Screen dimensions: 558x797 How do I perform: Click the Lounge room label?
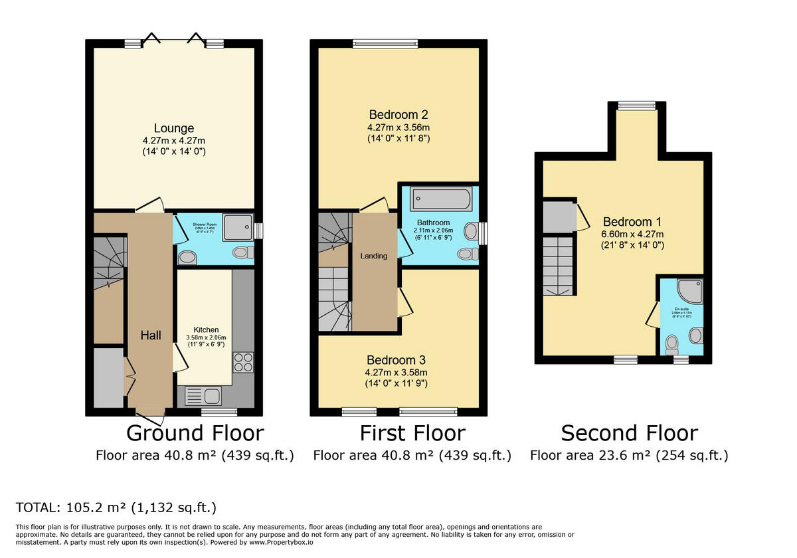tap(174, 128)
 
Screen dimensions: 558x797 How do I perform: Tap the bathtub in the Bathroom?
tap(441, 199)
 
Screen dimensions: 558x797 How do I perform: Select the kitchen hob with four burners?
tap(243, 362)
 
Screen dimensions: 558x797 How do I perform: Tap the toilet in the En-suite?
tap(672, 343)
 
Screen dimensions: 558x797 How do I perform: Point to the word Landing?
tap(373, 256)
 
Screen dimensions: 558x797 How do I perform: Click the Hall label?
tap(151, 335)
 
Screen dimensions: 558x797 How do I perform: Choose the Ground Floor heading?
tap(195, 433)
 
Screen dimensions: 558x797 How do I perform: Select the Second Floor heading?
tap(629, 433)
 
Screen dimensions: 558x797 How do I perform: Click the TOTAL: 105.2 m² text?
tap(116, 508)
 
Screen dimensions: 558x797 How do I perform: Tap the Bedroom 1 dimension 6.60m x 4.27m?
tap(633, 234)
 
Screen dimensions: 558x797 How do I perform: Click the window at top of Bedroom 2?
tap(385, 44)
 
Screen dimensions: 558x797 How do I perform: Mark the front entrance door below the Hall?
tap(151, 417)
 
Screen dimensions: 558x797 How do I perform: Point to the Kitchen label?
tap(206, 329)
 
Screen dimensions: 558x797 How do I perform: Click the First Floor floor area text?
tap(412, 456)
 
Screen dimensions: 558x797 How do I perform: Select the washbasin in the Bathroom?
tap(471, 231)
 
